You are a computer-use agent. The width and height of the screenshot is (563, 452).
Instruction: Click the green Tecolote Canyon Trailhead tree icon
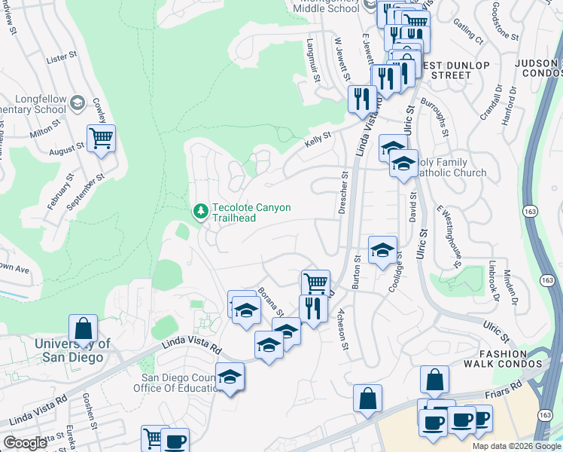coord(200,212)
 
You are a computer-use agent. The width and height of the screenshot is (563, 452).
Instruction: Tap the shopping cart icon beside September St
coord(101,139)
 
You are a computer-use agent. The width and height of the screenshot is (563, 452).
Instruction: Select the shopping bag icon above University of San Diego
coord(83,329)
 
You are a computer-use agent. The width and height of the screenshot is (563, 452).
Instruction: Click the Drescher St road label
coord(343,192)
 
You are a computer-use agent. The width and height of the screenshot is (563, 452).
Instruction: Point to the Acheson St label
coord(342,329)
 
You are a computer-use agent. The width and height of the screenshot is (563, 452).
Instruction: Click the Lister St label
coord(62,57)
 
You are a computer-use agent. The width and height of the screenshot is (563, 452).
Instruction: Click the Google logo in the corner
coord(25,442)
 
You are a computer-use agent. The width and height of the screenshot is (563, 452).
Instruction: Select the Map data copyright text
coord(516,446)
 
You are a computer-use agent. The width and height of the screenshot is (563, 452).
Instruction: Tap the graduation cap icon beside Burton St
coord(382,250)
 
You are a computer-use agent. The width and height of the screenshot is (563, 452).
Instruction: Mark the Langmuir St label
coord(314,61)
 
